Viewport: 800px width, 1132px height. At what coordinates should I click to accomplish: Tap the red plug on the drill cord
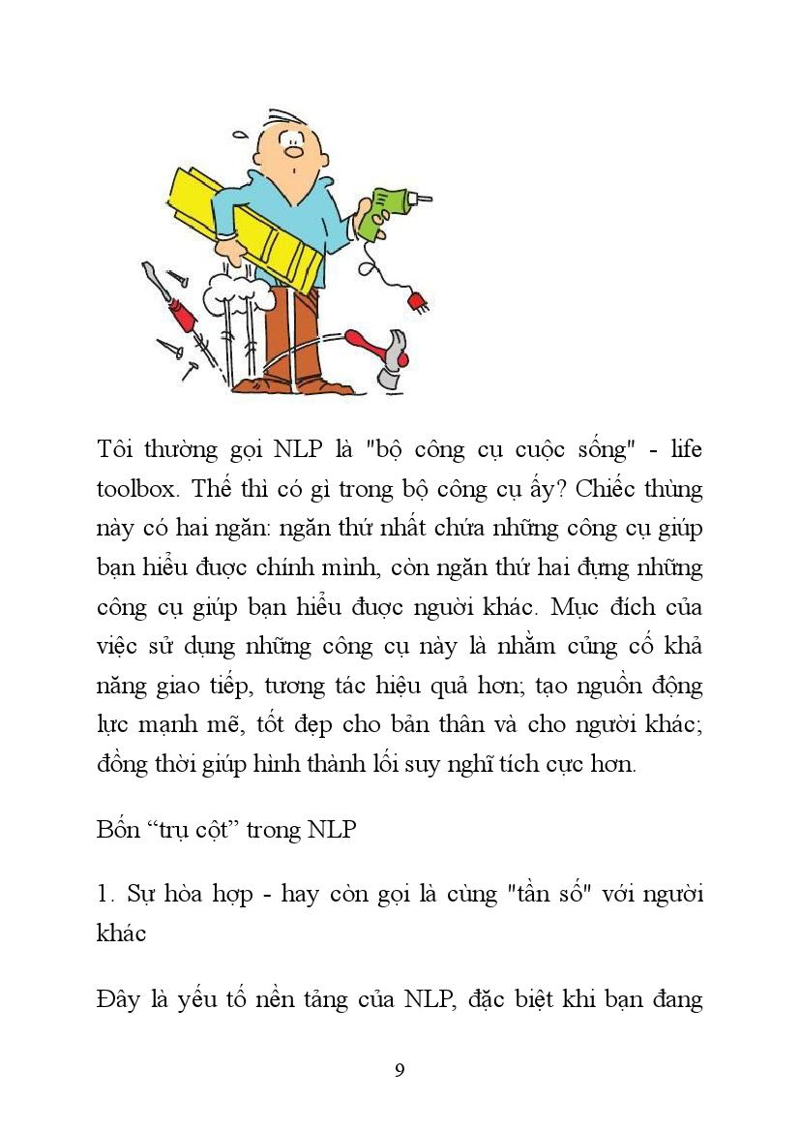tap(418, 299)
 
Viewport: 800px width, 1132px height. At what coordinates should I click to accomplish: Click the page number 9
tap(400, 1070)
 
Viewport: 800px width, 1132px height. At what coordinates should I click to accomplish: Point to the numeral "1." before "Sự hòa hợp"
tap(106, 893)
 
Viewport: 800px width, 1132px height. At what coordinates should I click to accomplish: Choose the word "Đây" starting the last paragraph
tap(121, 999)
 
